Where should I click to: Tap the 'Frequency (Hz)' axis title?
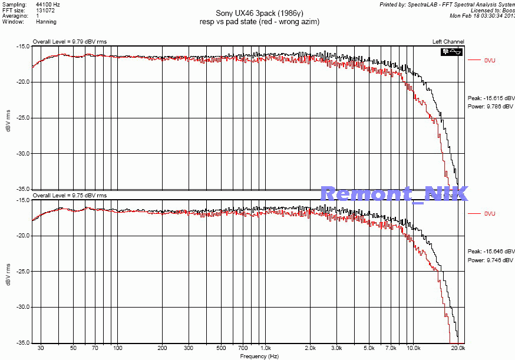tap(259, 356)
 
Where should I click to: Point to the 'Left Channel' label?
tap(448, 41)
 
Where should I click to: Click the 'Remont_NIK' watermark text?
tap(394, 193)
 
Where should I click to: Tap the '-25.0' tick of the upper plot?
tap(22, 118)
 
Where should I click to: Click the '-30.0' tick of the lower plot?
tap(22, 307)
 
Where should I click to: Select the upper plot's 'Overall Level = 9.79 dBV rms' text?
tap(70, 42)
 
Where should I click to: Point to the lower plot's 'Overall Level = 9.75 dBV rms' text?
tap(70, 195)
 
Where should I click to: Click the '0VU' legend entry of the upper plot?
tap(490, 60)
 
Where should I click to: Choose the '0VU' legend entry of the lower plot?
tap(490, 213)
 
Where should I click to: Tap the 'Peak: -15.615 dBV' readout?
tap(491, 98)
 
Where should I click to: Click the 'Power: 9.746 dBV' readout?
tap(491, 259)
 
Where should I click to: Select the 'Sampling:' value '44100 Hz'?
tap(48, 4)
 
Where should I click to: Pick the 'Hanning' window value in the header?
tap(46, 22)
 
